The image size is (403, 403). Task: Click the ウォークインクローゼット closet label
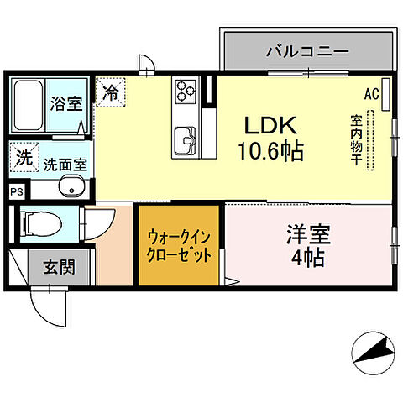pyautogui.click(x=179, y=246)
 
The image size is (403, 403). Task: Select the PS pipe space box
pyautogui.click(x=17, y=192)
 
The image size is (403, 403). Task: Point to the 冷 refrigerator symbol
pyautogui.click(x=109, y=92)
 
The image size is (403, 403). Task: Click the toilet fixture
pyautogui.click(x=38, y=223)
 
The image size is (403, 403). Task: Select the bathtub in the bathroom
pyautogui.click(x=29, y=106)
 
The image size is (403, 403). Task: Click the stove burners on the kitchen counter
pyautogui.click(x=185, y=90)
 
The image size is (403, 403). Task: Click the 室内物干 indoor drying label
pyautogui.click(x=356, y=139)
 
